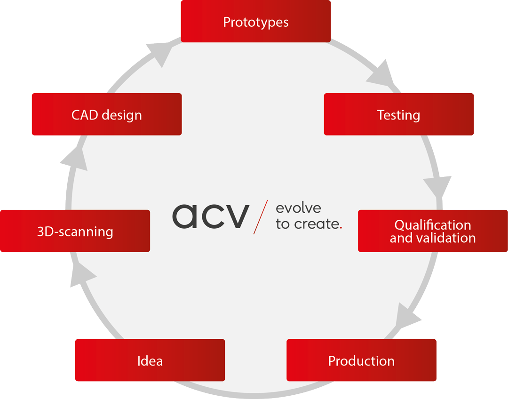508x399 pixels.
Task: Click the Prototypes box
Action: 255,21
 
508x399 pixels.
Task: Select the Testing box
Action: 399,114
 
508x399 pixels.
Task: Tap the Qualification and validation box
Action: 433,231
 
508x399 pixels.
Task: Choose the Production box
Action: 362,360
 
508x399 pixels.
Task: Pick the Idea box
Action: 150,360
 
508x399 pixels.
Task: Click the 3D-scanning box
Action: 75,231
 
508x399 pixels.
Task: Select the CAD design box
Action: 107,114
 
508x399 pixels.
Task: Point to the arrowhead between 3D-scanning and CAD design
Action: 75,160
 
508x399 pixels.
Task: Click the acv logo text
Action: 211,216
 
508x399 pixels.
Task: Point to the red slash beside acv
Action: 261,217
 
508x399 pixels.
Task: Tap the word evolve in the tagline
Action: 298,208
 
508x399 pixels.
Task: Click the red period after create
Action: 341,228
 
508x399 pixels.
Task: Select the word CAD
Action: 85,115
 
